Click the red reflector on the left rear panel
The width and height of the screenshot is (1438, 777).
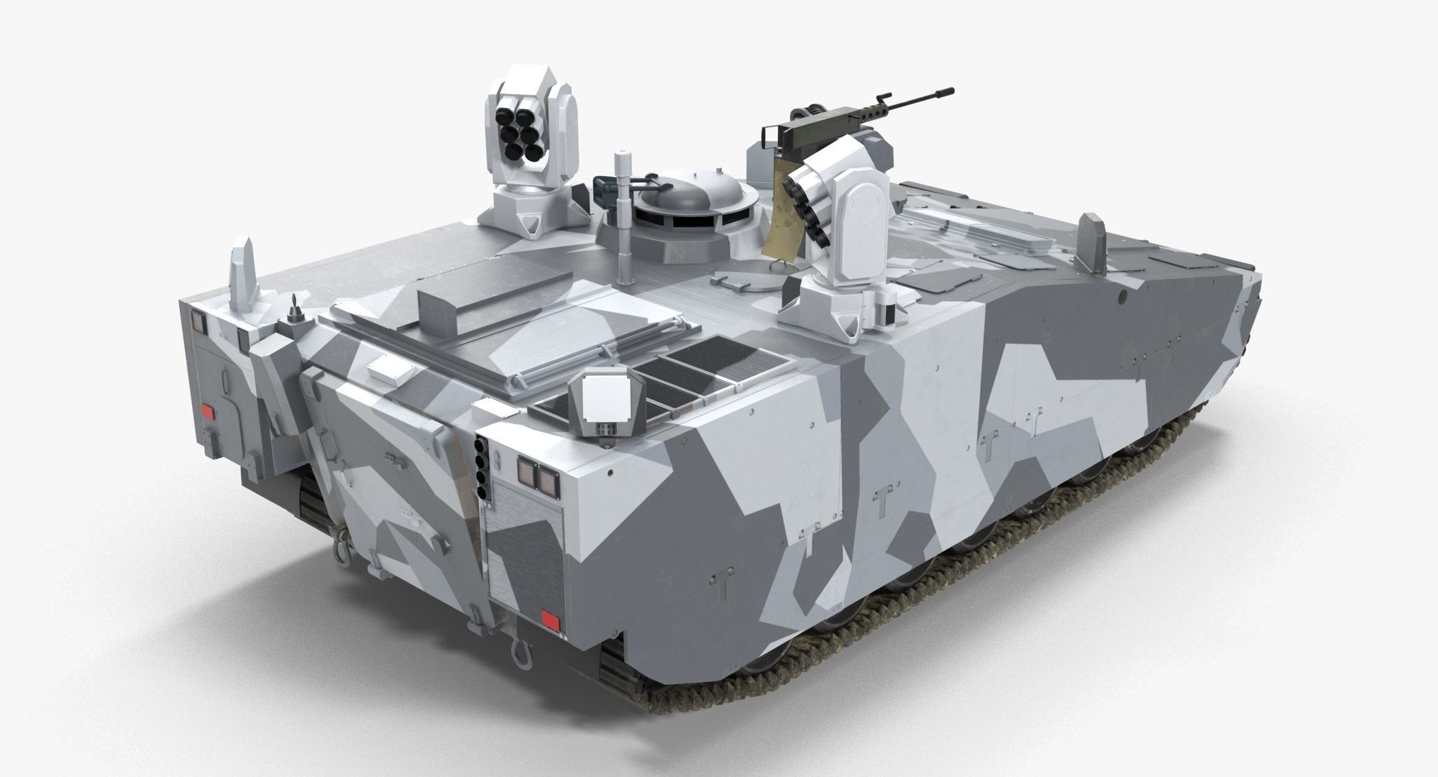pyautogui.click(x=207, y=412)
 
